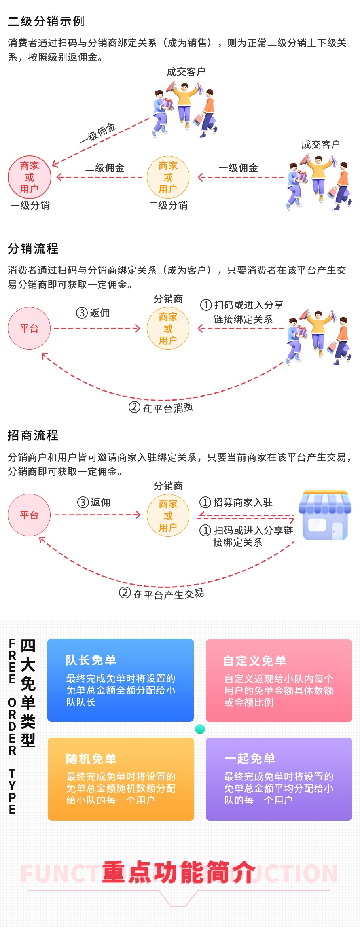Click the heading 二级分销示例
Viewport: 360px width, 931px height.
pyautogui.click(x=46, y=21)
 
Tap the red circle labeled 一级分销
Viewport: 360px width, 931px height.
pyautogui.click(x=30, y=177)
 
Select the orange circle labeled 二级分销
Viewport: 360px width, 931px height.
pyautogui.click(x=168, y=177)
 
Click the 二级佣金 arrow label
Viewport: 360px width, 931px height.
pyautogui.click(x=105, y=168)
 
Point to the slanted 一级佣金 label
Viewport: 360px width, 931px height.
pyautogui.click(x=98, y=133)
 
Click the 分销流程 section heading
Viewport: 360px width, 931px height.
pyautogui.click(x=33, y=248)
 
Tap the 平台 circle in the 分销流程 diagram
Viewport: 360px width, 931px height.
pyautogui.click(x=29, y=328)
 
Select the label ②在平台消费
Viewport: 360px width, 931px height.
pyautogui.click(x=161, y=407)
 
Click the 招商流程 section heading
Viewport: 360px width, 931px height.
pyautogui.click(x=33, y=435)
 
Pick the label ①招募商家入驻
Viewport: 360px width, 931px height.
pyautogui.click(x=236, y=502)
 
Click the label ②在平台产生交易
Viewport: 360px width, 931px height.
pyautogui.click(x=162, y=593)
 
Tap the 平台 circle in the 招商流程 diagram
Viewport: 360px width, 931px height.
pyautogui.click(x=29, y=515)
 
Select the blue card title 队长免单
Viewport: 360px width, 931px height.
pyautogui.click(x=91, y=660)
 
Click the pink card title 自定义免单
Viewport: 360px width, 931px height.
pyautogui.click(x=255, y=660)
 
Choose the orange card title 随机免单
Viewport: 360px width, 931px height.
pyautogui.click(x=91, y=759)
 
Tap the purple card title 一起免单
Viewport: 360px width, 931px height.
pyautogui.click(x=250, y=758)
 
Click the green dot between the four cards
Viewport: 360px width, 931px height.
pyautogui.click(x=200, y=729)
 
